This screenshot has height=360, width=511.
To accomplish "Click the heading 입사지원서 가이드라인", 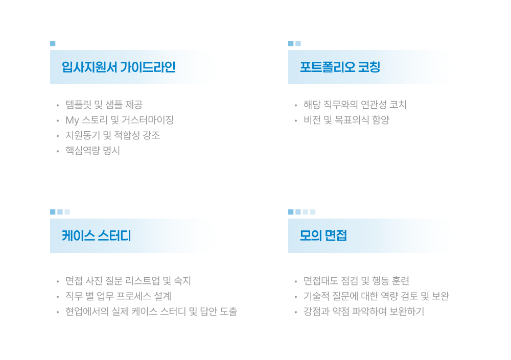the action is click(119, 67).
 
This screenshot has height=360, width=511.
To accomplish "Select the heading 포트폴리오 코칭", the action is click(340, 67).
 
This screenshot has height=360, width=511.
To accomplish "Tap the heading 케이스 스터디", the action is click(97, 235).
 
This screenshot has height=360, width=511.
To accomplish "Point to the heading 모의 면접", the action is click(323, 235).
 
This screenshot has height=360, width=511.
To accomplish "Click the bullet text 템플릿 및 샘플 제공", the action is click(104, 105).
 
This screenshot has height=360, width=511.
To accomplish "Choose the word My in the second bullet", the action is click(73, 120).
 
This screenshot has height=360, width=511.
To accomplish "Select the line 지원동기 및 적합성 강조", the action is click(113, 135).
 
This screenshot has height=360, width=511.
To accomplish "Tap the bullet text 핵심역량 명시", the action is click(93, 151).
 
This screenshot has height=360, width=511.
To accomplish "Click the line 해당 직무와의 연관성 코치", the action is click(355, 105).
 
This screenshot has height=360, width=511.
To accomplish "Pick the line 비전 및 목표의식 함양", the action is click(346, 120).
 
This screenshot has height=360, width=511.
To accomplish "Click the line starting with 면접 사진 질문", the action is click(128, 280).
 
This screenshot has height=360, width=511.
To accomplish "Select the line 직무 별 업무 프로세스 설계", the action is click(119, 296).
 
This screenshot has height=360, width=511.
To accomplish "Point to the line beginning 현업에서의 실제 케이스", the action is click(151, 311).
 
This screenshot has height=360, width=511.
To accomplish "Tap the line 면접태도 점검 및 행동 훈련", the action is click(356, 280).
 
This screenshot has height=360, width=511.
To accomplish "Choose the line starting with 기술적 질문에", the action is click(377, 296).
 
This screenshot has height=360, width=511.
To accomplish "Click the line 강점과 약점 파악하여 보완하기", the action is click(364, 311).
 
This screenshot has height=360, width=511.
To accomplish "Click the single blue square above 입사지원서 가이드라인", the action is click(53, 43).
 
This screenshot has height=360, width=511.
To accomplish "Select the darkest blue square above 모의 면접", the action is click(291, 212).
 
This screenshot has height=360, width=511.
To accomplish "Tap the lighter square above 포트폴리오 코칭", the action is click(298, 43).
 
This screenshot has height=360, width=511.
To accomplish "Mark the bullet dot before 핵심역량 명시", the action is click(58, 151).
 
